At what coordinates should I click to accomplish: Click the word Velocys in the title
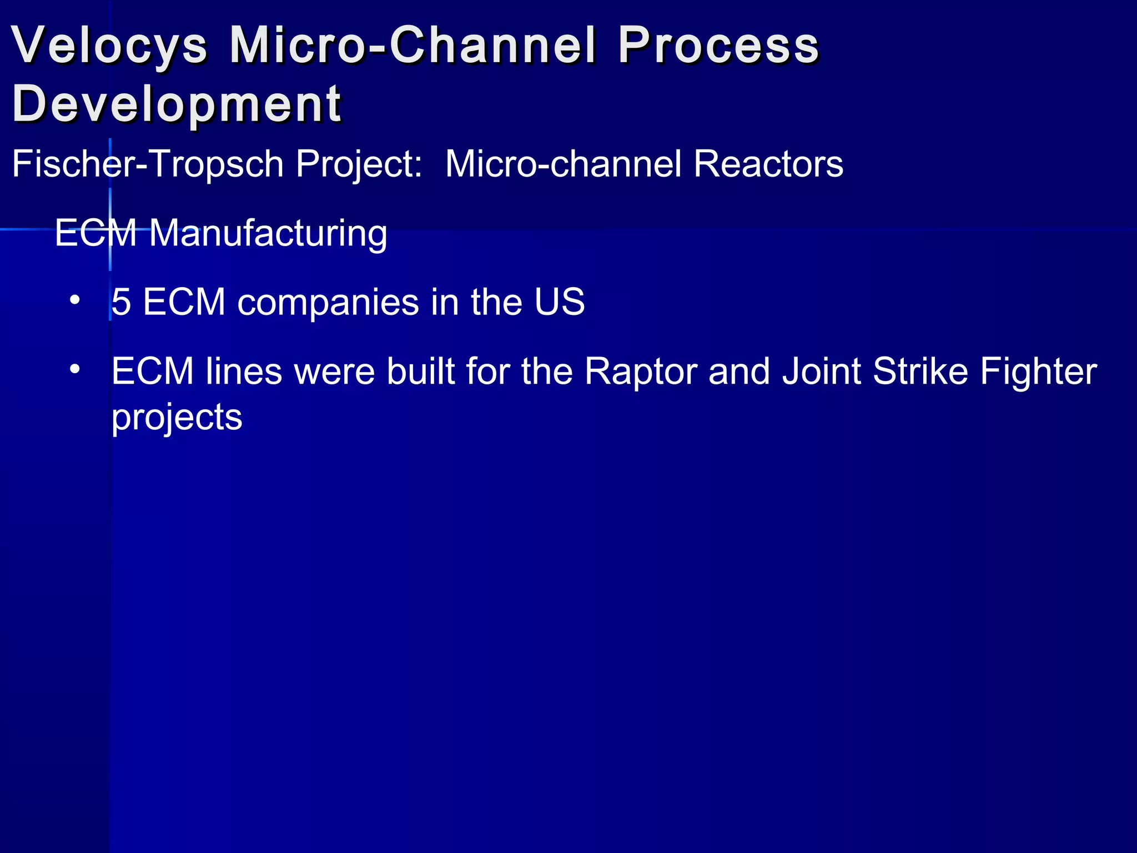click(x=109, y=46)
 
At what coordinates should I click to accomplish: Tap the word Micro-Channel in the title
click(x=414, y=46)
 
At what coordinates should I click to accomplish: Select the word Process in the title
click(x=718, y=46)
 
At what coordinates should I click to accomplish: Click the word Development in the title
click(x=177, y=104)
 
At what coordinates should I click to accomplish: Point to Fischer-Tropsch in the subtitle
click(x=148, y=164)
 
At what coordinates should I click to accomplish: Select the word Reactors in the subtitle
click(x=768, y=164)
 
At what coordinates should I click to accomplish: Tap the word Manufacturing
click(x=268, y=233)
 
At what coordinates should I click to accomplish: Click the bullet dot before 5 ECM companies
click(x=75, y=302)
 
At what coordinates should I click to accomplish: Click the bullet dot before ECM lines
click(x=75, y=369)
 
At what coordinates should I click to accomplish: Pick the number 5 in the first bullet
click(x=122, y=303)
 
